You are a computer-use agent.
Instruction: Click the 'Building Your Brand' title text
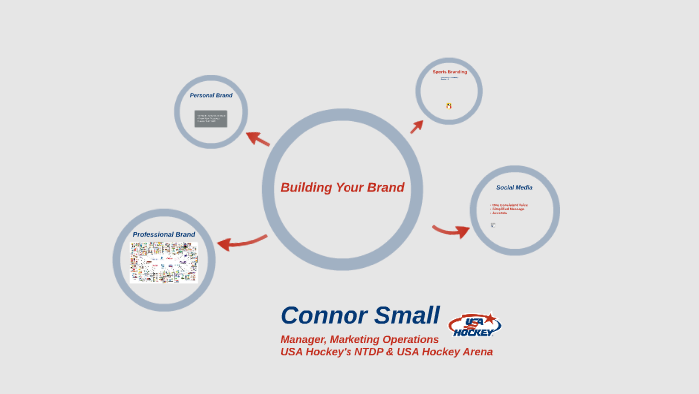342,187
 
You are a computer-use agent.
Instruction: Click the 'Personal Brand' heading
211,95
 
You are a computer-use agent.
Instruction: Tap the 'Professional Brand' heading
164,235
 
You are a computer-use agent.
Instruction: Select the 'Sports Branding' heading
449,72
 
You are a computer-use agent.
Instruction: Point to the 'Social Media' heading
514,187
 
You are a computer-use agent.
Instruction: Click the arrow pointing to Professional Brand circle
241,242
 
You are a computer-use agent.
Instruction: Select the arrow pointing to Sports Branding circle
417,124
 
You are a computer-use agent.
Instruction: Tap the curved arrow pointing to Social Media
452,231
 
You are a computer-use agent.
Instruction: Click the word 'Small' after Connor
405,315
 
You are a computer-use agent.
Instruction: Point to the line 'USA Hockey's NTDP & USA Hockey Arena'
386,352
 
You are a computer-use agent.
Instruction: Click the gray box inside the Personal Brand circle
211,119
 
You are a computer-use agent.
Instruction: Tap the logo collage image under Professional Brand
164,262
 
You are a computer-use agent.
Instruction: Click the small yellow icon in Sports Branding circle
449,105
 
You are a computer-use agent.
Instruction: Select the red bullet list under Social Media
509,209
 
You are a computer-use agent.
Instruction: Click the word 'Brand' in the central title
384,187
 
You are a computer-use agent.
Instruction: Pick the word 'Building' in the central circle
305,187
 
